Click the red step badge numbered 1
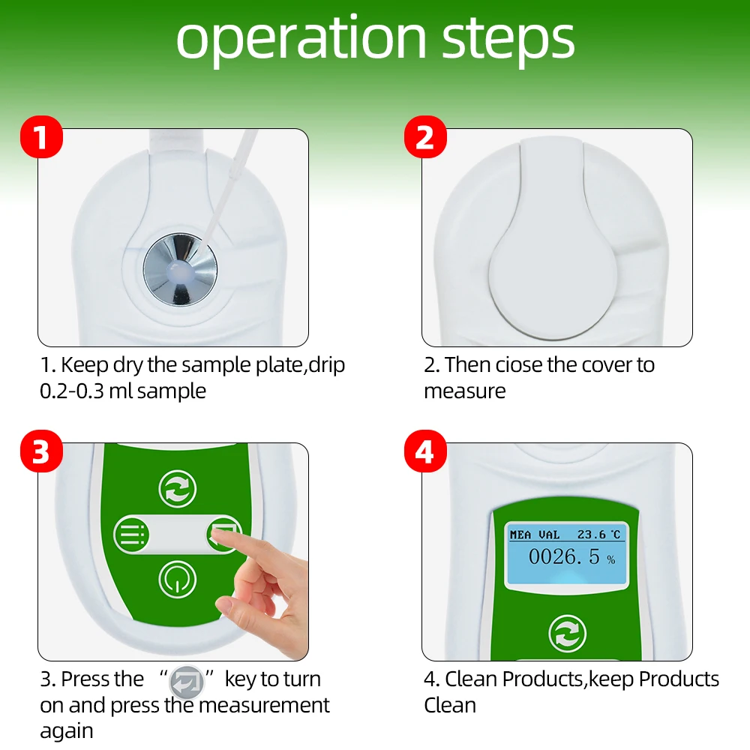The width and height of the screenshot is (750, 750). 41,136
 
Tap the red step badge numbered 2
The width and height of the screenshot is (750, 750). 425,136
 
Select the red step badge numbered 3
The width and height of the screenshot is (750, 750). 41,451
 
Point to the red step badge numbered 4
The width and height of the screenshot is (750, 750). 425,451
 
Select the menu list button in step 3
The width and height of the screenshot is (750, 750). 132,534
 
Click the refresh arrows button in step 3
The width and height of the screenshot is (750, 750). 178,489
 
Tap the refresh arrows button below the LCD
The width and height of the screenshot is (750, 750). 567,633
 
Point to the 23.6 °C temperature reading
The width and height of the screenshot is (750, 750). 598,534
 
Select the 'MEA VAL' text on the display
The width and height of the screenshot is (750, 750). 534,534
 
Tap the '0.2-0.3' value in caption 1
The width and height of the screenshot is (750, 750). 72,391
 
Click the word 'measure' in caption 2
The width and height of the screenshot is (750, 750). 464,391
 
